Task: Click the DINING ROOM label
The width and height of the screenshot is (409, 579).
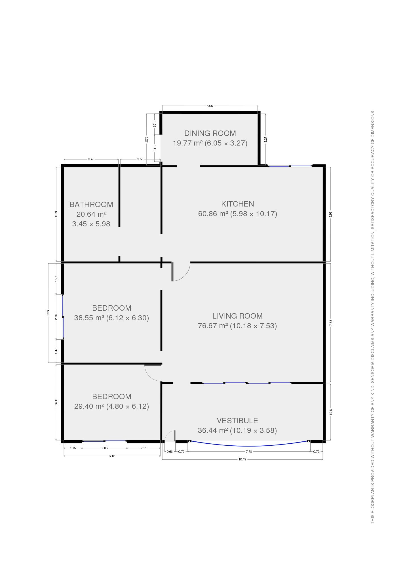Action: (x=210, y=133)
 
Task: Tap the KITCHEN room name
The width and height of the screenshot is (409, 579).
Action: (x=237, y=204)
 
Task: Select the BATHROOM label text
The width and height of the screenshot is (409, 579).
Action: (x=91, y=204)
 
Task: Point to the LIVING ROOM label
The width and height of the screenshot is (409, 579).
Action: (x=237, y=316)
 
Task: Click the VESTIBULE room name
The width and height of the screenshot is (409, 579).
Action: (x=237, y=420)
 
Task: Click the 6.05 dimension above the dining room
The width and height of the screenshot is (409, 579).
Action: (x=210, y=106)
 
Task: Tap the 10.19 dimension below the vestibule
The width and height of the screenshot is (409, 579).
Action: (x=242, y=459)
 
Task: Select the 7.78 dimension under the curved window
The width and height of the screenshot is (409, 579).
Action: (x=249, y=452)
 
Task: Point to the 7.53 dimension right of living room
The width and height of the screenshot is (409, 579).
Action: (x=330, y=323)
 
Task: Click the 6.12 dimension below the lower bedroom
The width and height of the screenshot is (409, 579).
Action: (x=112, y=456)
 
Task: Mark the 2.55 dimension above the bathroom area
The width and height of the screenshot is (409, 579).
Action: (x=140, y=159)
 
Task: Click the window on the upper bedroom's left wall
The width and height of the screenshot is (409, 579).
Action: (x=63, y=317)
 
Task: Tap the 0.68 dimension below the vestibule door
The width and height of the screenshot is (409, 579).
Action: (x=170, y=452)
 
